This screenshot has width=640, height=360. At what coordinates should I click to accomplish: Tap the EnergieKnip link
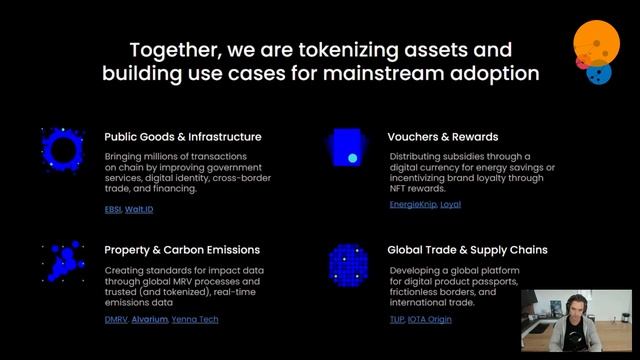click(412, 204)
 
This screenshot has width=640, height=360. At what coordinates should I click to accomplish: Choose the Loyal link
click(450, 204)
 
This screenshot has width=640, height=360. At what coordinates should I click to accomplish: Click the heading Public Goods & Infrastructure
click(183, 137)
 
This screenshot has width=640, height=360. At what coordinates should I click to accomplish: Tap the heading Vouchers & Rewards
click(443, 137)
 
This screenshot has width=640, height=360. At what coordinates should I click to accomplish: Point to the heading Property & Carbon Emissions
click(182, 250)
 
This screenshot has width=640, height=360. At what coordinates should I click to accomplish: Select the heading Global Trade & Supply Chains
click(467, 250)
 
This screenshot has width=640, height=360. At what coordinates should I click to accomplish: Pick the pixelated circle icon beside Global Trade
click(348, 263)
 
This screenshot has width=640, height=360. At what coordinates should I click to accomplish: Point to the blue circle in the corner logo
click(599, 74)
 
